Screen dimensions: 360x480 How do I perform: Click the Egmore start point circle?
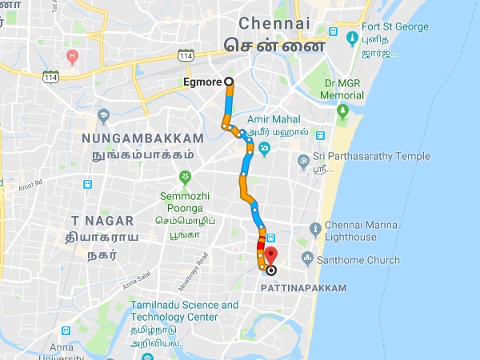pos(229,82)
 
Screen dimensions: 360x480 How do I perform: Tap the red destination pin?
pos(270,255)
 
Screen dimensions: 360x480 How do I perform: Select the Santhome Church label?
pos(358,258)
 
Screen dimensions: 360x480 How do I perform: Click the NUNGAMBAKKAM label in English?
pos(131,138)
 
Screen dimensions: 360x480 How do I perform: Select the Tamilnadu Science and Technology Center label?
pos(186,310)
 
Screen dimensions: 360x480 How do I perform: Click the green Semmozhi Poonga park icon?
pos(185,176)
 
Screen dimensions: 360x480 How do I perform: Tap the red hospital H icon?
pos(73,57)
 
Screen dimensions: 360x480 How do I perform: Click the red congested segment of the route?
pos(260,244)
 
